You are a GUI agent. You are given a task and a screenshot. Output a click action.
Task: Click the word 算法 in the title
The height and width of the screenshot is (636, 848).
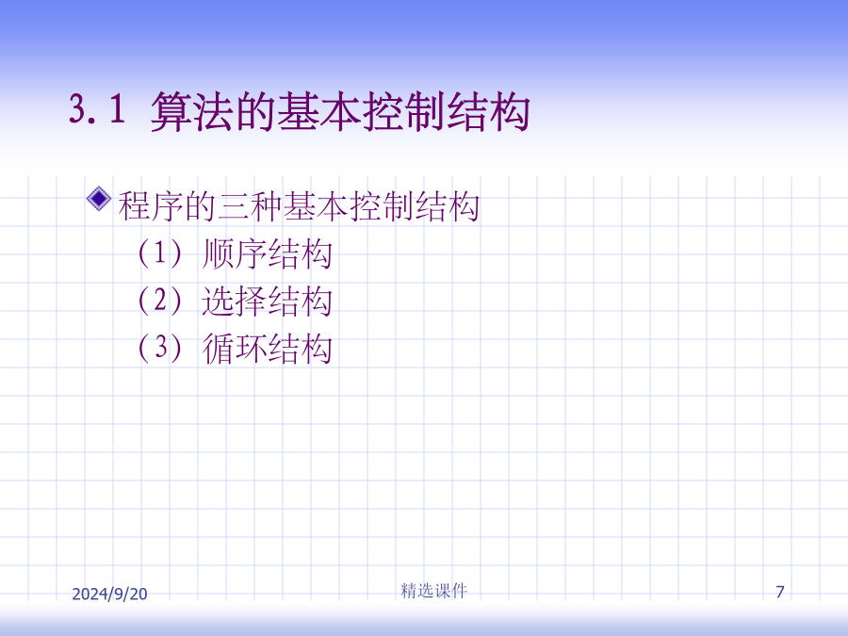pos(192,112)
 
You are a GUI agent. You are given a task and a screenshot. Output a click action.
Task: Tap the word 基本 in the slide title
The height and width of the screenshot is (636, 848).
pos(319,112)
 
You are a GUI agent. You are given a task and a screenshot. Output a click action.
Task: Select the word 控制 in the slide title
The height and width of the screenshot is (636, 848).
pos(403,112)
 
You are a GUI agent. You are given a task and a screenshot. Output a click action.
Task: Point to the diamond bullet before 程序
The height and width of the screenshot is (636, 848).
pos(99,199)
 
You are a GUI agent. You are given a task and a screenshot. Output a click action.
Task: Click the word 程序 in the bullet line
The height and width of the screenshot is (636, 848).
pos(151,206)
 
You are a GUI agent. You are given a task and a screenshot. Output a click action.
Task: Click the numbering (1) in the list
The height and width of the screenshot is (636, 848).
pos(160,253)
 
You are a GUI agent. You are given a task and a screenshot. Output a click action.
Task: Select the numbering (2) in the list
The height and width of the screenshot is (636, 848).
pos(160,301)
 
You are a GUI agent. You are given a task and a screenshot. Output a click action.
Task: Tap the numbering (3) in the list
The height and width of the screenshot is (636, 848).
pos(160,347)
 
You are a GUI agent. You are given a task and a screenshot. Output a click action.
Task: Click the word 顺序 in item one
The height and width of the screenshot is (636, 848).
pos(235,253)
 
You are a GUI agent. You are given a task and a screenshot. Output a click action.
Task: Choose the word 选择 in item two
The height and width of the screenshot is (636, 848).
pos(235,301)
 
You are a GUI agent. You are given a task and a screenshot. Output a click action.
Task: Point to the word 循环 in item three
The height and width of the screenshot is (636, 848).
pos(235,348)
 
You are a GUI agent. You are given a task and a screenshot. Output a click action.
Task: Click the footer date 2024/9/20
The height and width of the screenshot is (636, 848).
pos(110,594)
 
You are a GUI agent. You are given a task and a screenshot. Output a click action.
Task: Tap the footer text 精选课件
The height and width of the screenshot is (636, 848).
pos(433,591)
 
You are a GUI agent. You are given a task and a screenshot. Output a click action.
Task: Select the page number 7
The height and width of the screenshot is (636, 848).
pos(780,592)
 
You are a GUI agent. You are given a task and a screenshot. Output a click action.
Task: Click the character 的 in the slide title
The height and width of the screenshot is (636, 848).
pos(255,112)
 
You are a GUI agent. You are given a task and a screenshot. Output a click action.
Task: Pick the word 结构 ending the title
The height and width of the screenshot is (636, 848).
pos(488,112)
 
